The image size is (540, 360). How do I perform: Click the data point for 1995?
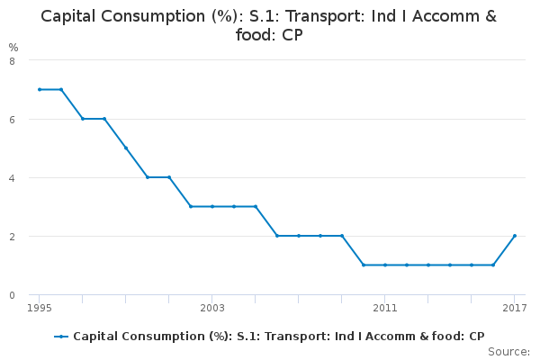(x=39, y=89)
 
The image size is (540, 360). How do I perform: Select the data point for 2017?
(x=514, y=236)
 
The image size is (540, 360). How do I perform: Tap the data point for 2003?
(x=211, y=206)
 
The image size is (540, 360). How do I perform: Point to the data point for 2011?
(x=384, y=265)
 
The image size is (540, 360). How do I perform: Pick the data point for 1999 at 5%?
(x=125, y=148)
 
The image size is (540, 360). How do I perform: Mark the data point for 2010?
(x=363, y=265)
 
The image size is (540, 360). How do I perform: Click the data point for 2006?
(x=276, y=236)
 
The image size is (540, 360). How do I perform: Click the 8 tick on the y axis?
(x=12, y=61)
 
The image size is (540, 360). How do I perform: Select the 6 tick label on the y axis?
(x=12, y=120)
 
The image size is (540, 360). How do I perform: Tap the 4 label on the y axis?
(x=12, y=178)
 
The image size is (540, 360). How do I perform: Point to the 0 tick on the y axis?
(x=12, y=295)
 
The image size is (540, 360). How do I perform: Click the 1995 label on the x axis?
(x=39, y=308)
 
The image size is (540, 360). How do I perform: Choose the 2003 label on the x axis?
(x=211, y=308)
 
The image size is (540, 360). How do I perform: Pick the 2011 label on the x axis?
(x=384, y=308)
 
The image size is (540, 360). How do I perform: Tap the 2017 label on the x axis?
(x=514, y=308)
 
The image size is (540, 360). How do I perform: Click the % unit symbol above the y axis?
(x=13, y=47)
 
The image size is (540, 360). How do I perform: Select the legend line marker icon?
(x=61, y=337)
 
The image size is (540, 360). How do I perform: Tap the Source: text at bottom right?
(x=508, y=351)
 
